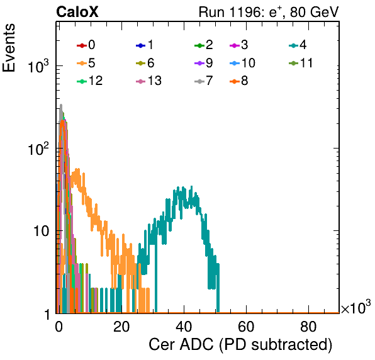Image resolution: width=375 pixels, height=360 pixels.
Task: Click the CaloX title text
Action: [x=77, y=12]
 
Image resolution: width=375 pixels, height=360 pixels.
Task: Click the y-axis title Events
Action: [x=9, y=48]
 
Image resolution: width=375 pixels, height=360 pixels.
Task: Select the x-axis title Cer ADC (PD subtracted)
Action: [x=240, y=345]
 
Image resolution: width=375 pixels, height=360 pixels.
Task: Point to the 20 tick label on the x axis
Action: [x=121, y=327]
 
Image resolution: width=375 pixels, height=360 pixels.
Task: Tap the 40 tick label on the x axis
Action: [x=184, y=327]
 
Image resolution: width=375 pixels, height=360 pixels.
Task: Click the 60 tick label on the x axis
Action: [x=246, y=327]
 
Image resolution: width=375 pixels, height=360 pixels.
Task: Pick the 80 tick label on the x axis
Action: [x=308, y=327]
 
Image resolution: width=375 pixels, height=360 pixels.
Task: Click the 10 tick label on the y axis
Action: [x=41, y=231]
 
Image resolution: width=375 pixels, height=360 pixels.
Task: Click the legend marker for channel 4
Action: [x=294, y=45]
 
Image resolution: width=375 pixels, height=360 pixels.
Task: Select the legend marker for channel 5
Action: [x=82, y=64]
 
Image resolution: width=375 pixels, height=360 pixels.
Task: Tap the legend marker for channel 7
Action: [x=199, y=82]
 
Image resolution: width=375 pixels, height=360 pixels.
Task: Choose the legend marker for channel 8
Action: [x=235, y=82]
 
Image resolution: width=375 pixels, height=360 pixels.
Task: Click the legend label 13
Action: [x=155, y=81]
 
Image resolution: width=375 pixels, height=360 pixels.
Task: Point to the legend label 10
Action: [x=249, y=63]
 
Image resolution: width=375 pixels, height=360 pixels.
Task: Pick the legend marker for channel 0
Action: [x=82, y=45]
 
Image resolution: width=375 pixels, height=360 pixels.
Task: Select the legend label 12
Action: [x=96, y=81]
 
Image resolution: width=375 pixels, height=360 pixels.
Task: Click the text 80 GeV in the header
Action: [x=314, y=12]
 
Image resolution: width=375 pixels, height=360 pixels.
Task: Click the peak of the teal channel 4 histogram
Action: [x=191, y=187]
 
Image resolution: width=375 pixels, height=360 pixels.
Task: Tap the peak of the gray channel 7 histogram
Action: [x=61, y=104]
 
